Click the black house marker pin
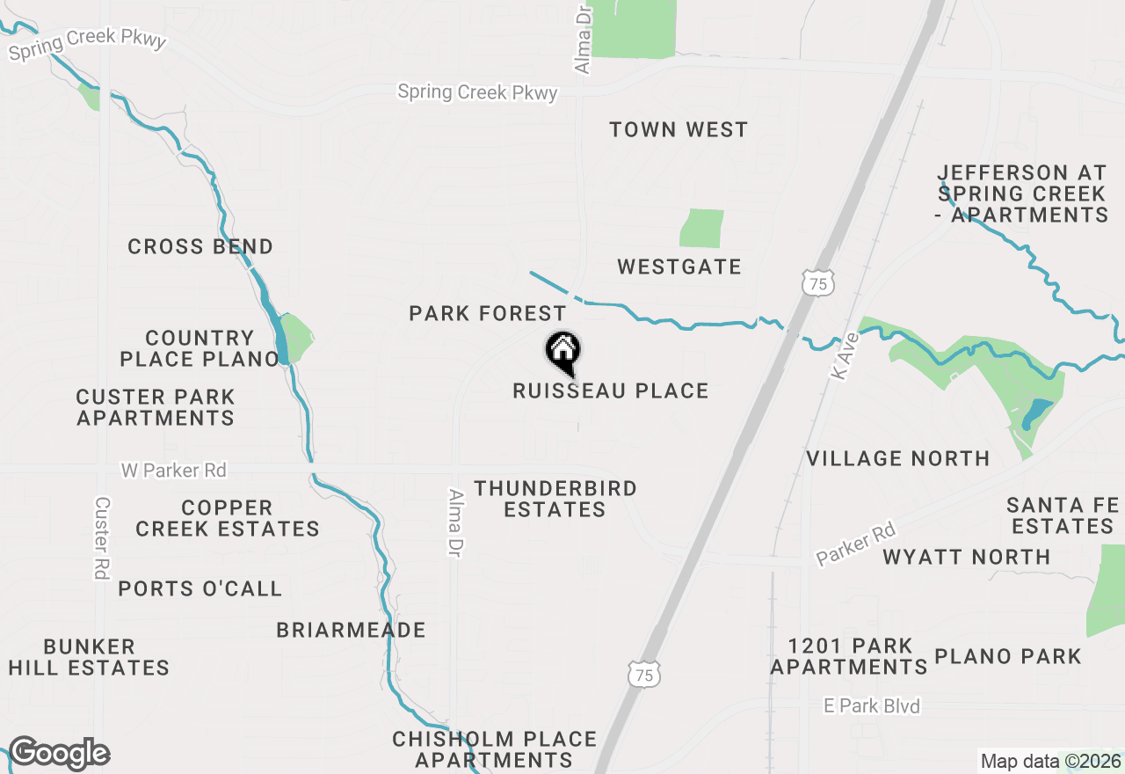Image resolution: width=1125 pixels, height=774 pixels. (x=563, y=351)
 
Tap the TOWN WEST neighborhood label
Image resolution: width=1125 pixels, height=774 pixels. (x=679, y=130)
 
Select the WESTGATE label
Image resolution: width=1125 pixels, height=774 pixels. (x=679, y=267)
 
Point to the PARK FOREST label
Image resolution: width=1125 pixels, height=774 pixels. (x=488, y=313)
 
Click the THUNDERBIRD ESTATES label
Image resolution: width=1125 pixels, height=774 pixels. (x=555, y=499)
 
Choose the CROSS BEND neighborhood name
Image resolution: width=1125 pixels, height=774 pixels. (x=200, y=247)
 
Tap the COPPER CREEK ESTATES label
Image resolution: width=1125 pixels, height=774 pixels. (x=228, y=518)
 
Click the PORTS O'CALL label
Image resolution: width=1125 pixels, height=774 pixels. (x=200, y=588)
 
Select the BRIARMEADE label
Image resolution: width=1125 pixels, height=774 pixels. (x=351, y=630)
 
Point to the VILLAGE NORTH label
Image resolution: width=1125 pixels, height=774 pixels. (x=898, y=458)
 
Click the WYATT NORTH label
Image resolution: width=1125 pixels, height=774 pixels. (x=967, y=557)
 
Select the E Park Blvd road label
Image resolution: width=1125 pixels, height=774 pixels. (x=872, y=706)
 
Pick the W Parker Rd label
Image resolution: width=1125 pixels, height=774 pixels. (x=174, y=471)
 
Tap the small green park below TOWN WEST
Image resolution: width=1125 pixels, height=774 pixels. (x=701, y=228)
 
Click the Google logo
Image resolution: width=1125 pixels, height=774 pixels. (x=59, y=754)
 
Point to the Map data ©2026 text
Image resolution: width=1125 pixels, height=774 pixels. (x=1051, y=761)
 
